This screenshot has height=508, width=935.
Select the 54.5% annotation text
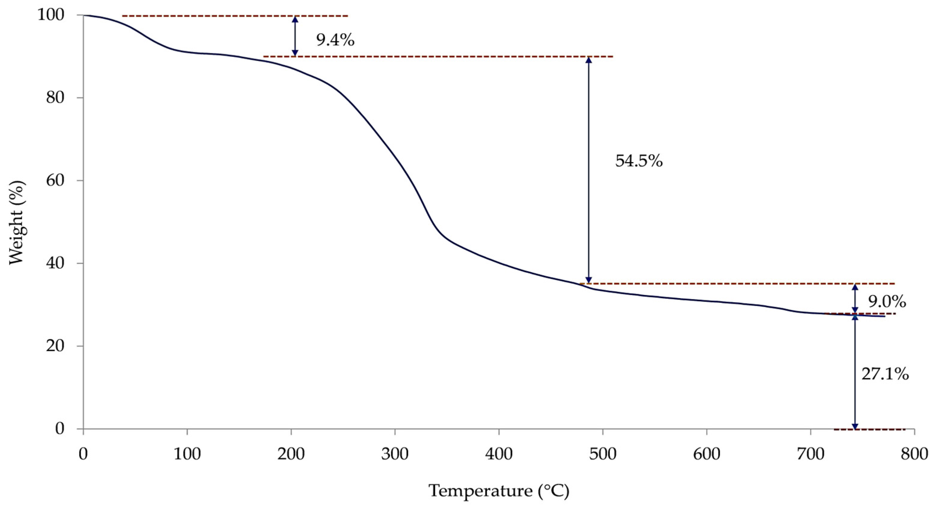point(639,161)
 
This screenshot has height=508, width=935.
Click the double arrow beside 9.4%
point(295,36)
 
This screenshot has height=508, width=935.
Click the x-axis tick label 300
point(394,454)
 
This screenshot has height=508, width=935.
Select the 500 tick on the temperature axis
point(603,454)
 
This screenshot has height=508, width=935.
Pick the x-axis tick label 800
point(914,454)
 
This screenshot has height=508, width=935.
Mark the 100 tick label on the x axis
point(187,454)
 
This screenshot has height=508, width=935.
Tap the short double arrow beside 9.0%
point(855,298)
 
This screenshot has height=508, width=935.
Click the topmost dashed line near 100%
point(235,16)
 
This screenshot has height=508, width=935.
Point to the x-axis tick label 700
point(810,454)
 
